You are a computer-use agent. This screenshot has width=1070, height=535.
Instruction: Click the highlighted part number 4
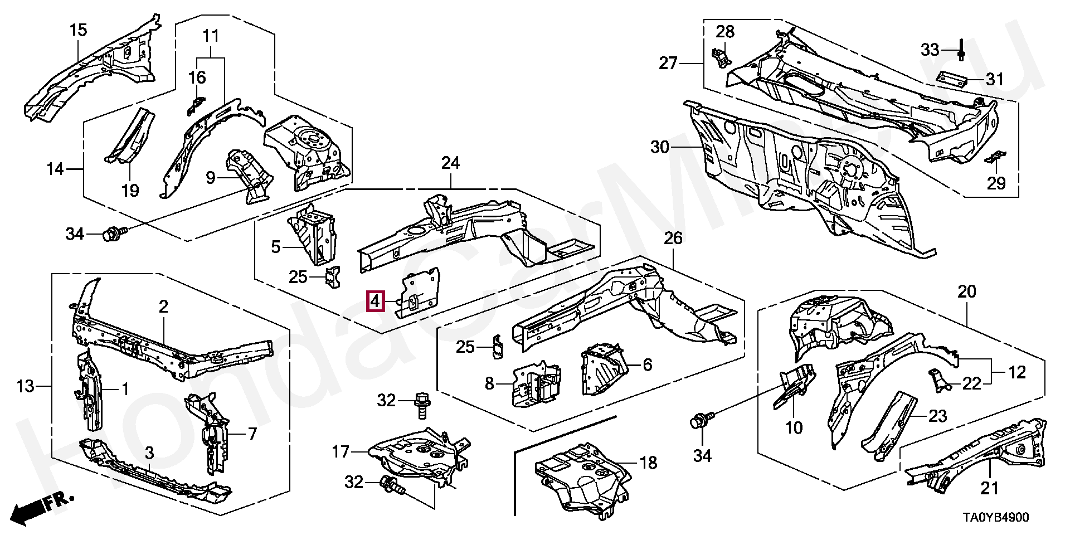[375, 301]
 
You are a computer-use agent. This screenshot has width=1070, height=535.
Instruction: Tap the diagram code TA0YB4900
[995, 517]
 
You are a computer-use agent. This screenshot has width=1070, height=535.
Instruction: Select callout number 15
[79, 30]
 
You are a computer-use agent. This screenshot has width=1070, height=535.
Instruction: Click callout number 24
[450, 163]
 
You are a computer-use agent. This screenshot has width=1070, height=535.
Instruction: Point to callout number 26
[673, 238]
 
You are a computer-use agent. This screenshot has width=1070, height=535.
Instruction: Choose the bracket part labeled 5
[313, 235]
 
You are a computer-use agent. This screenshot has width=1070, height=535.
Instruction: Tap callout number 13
[26, 386]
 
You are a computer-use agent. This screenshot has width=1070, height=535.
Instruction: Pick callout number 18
[648, 463]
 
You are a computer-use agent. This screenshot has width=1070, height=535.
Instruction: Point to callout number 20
[967, 291]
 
